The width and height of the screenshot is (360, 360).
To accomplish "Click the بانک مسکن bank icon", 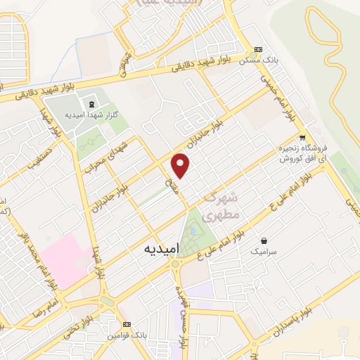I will (258, 50).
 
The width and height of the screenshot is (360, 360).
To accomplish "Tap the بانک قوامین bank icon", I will (127, 323).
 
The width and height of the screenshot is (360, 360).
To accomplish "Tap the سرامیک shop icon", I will (264, 240).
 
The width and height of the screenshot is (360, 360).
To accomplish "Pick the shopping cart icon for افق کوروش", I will (302, 138).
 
